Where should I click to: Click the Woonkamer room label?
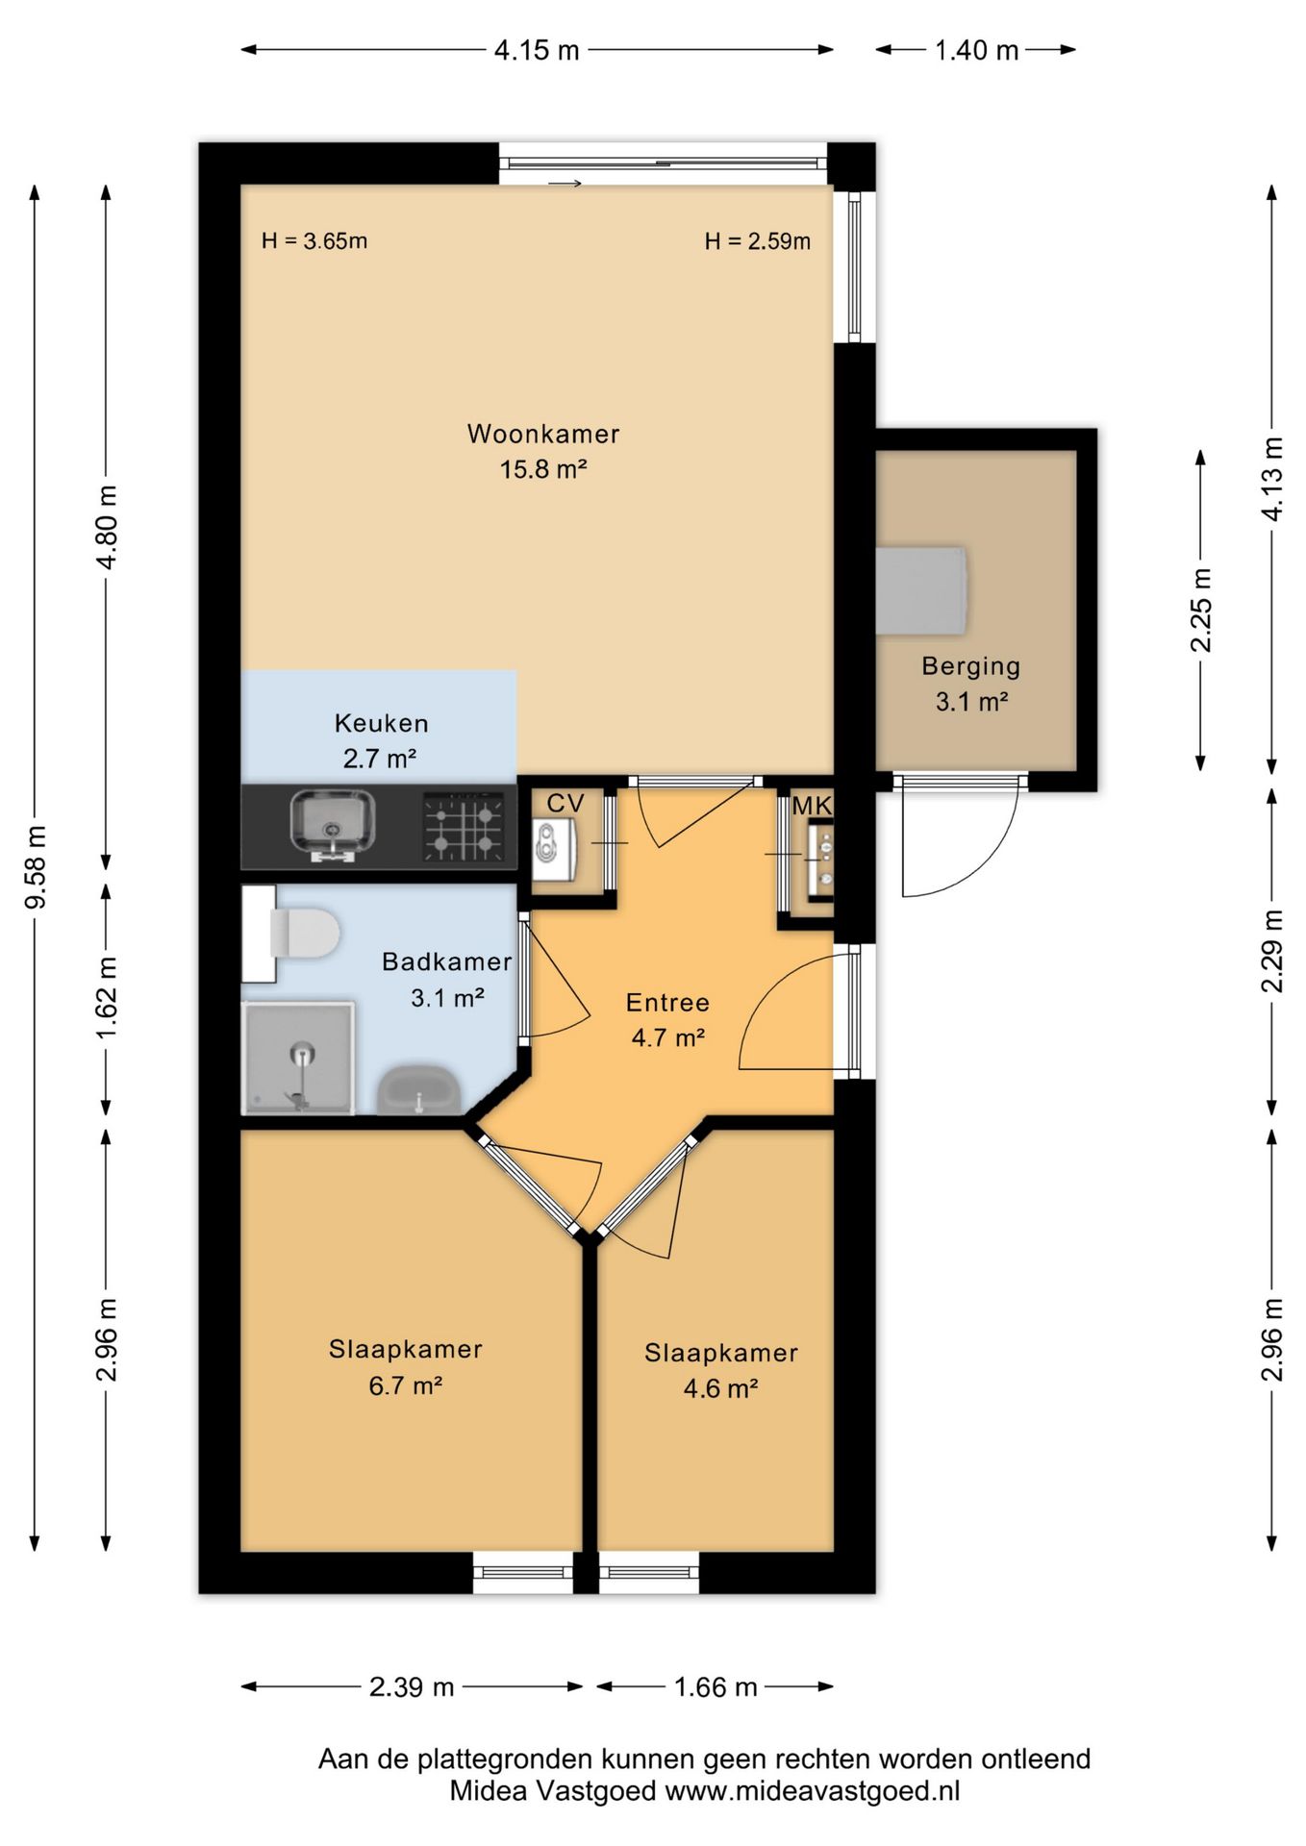pyautogui.click(x=543, y=434)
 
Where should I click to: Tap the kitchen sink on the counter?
pyautogui.click(x=333, y=825)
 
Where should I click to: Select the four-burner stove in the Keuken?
pyautogui.click(x=465, y=826)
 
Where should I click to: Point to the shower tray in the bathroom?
pyautogui.click(x=298, y=1058)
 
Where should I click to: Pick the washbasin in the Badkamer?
pyautogui.click(x=419, y=1089)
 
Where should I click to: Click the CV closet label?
pyautogui.click(x=565, y=803)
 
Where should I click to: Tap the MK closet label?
pyautogui.click(x=812, y=806)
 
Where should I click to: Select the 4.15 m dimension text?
pyautogui.click(x=537, y=50)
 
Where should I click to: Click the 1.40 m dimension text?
pyautogui.click(x=976, y=50)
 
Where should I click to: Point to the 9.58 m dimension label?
pyautogui.click(x=36, y=866)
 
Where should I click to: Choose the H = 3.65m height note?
pyautogui.click(x=314, y=240)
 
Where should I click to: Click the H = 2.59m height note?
pyautogui.click(x=758, y=240)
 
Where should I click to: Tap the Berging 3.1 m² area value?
pyautogui.click(x=971, y=702)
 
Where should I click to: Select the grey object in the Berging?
pyautogui.click(x=921, y=590)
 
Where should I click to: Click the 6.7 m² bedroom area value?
pyautogui.click(x=405, y=1385)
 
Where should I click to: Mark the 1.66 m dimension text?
pyautogui.click(x=716, y=1686)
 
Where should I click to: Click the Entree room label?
pyautogui.click(x=667, y=1003)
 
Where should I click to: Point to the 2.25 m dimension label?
pyautogui.click(x=1201, y=611)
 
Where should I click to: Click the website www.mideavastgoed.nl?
pyautogui.click(x=813, y=1791)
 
